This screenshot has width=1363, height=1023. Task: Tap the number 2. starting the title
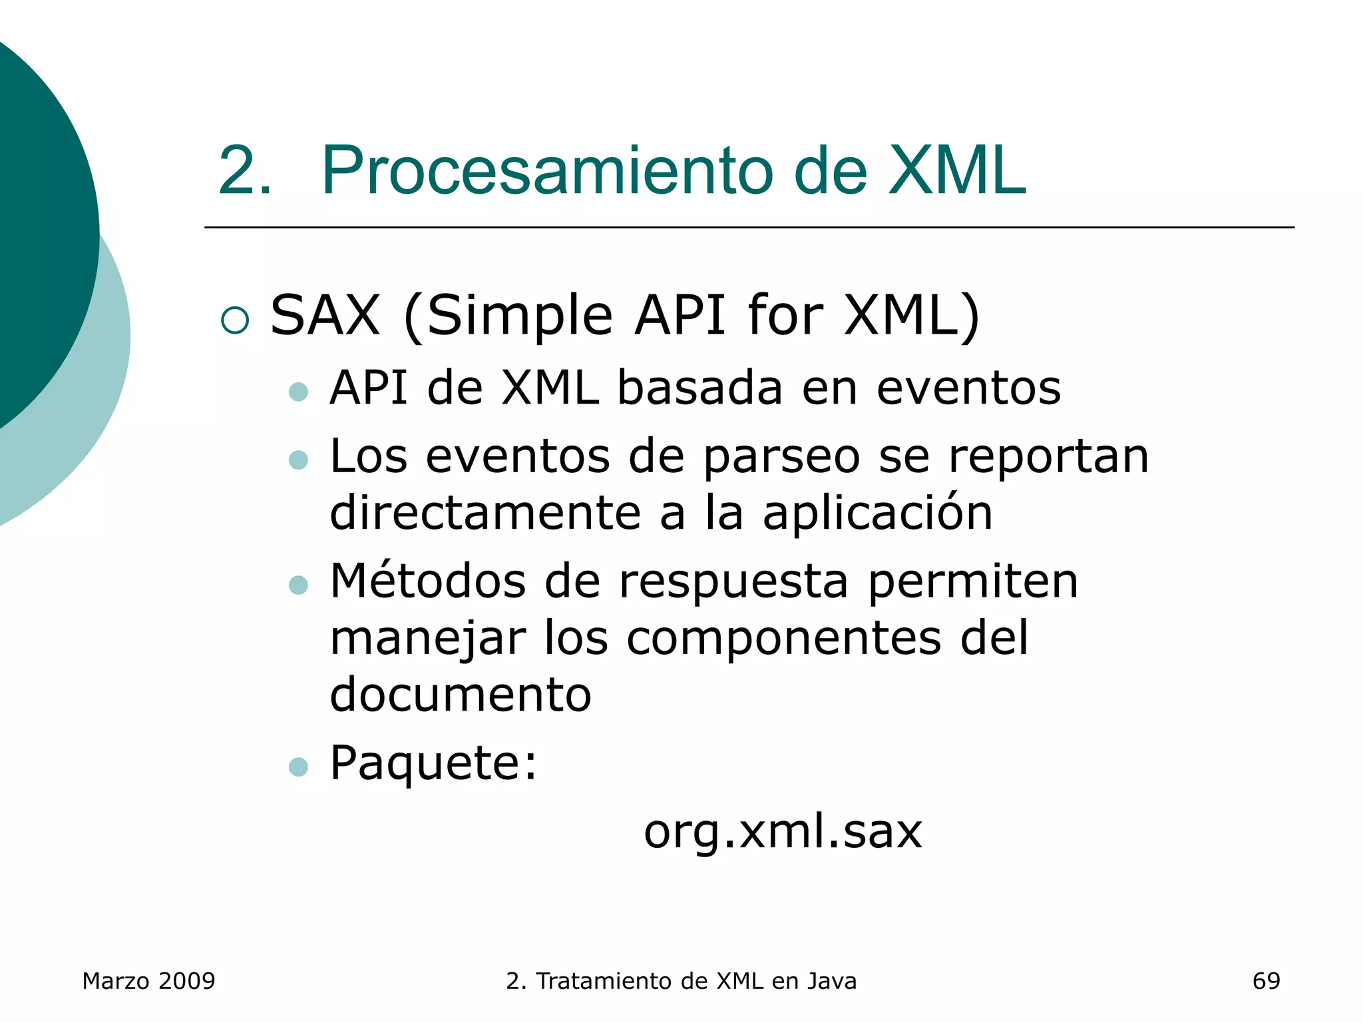click(245, 171)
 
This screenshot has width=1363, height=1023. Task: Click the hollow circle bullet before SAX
click(235, 320)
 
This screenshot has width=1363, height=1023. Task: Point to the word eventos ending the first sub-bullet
click(968, 388)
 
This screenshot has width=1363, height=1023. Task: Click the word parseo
click(781, 458)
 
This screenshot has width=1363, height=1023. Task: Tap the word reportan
click(1048, 457)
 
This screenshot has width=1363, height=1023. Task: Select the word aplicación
click(877, 513)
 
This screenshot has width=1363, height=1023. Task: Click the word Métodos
click(428, 581)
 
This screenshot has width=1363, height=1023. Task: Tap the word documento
click(461, 695)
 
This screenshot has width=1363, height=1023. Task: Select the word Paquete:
click(433, 764)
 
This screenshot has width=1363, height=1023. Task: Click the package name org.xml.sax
click(783, 833)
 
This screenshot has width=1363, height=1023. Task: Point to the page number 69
click(1266, 981)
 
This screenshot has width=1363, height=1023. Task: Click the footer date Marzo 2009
click(148, 981)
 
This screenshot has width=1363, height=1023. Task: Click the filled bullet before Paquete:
click(299, 767)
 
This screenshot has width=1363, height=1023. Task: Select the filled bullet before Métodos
click(299, 585)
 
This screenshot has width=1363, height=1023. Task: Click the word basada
click(699, 388)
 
